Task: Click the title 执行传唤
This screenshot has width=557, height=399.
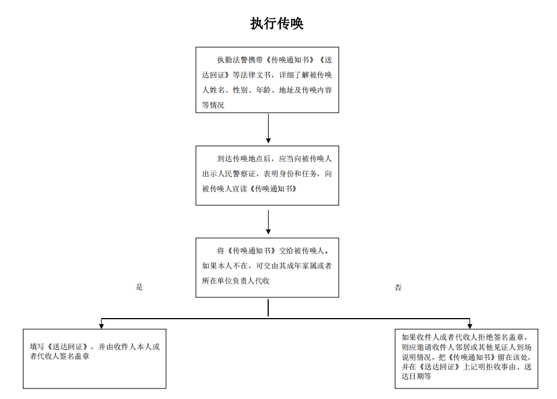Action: point(277,23)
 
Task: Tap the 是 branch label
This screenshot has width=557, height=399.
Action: point(139,287)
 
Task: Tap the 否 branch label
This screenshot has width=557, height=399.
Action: point(398,287)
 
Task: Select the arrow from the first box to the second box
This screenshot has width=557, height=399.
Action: point(268,128)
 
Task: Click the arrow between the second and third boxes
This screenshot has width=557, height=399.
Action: point(268,222)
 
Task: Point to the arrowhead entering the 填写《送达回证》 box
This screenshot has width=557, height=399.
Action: point(101,326)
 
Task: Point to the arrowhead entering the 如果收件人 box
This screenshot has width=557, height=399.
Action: point(469,326)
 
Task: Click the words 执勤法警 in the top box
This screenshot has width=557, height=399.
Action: point(233,60)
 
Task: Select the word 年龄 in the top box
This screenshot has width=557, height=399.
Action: point(263,90)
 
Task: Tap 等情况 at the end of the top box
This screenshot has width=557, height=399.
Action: point(213,105)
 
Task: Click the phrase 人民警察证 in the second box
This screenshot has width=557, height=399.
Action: point(236,174)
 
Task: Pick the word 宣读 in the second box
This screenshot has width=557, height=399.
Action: point(240,189)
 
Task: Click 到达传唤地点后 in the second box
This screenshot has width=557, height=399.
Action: point(244,158)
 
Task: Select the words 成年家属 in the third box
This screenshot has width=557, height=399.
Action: point(301,266)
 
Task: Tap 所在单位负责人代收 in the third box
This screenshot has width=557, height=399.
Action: point(236,281)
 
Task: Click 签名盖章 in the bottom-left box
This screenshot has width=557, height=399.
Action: point(74,356)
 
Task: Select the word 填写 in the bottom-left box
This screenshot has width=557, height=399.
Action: point(37,347)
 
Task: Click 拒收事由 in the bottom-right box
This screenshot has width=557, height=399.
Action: point(500,367)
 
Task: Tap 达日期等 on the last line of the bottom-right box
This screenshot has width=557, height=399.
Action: point(416,376)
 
